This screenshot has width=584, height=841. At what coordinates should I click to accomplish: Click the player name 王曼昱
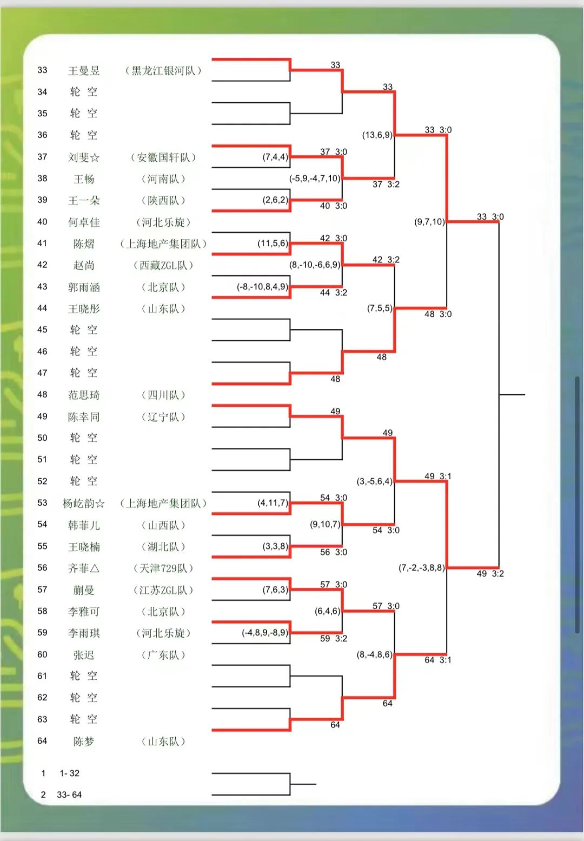coord(84,71)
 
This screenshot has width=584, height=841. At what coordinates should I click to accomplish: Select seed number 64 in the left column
coord(42,741)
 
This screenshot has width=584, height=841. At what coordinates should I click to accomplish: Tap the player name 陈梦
coord(84,741)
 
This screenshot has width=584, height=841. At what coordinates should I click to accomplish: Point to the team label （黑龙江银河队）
coord(163,71)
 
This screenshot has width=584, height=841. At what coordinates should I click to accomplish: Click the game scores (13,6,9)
coord(377,135)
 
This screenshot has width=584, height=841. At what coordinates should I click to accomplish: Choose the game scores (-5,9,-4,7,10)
coord(315,178)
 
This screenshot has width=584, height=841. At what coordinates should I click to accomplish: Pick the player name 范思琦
coord(84,395)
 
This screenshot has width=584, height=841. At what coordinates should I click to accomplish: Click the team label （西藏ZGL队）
coord(163,266)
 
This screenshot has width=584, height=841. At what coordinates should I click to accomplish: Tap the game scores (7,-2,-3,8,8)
coord(422,567)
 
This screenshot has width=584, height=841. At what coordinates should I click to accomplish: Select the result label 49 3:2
coord(490,573)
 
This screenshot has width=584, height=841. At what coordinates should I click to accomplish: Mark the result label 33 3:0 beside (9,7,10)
coord(490,216)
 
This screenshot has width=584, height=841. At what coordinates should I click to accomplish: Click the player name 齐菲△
coord(84,568)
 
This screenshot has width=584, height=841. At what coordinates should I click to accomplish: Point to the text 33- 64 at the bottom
coord(69,794)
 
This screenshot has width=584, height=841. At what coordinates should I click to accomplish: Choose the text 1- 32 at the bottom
coord(69,773)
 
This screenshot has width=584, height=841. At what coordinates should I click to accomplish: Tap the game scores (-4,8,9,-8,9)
coord(265,632)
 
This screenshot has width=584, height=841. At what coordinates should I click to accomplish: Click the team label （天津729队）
coord(163,568)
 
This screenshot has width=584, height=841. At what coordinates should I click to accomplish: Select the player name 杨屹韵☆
coord(84,504)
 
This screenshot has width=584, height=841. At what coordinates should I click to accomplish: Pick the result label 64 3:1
coord(437,660)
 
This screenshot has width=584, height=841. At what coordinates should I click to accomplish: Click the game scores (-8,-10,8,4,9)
coord(262,286)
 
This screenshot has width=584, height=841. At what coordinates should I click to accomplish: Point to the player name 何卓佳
coord(84,222)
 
